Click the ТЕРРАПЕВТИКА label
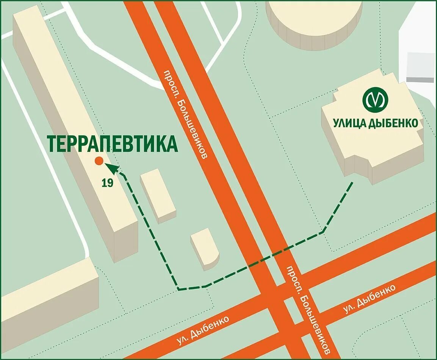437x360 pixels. click(113, 144)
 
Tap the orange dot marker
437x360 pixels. click(99, 161)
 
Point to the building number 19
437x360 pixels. click(107, 183)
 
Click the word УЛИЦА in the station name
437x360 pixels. click(351, 123)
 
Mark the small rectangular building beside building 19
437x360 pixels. click(158, 195)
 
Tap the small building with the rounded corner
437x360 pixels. click(205, 248)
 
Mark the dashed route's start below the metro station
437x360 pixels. click(352, 183)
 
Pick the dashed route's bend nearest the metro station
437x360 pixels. click(323, 232)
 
